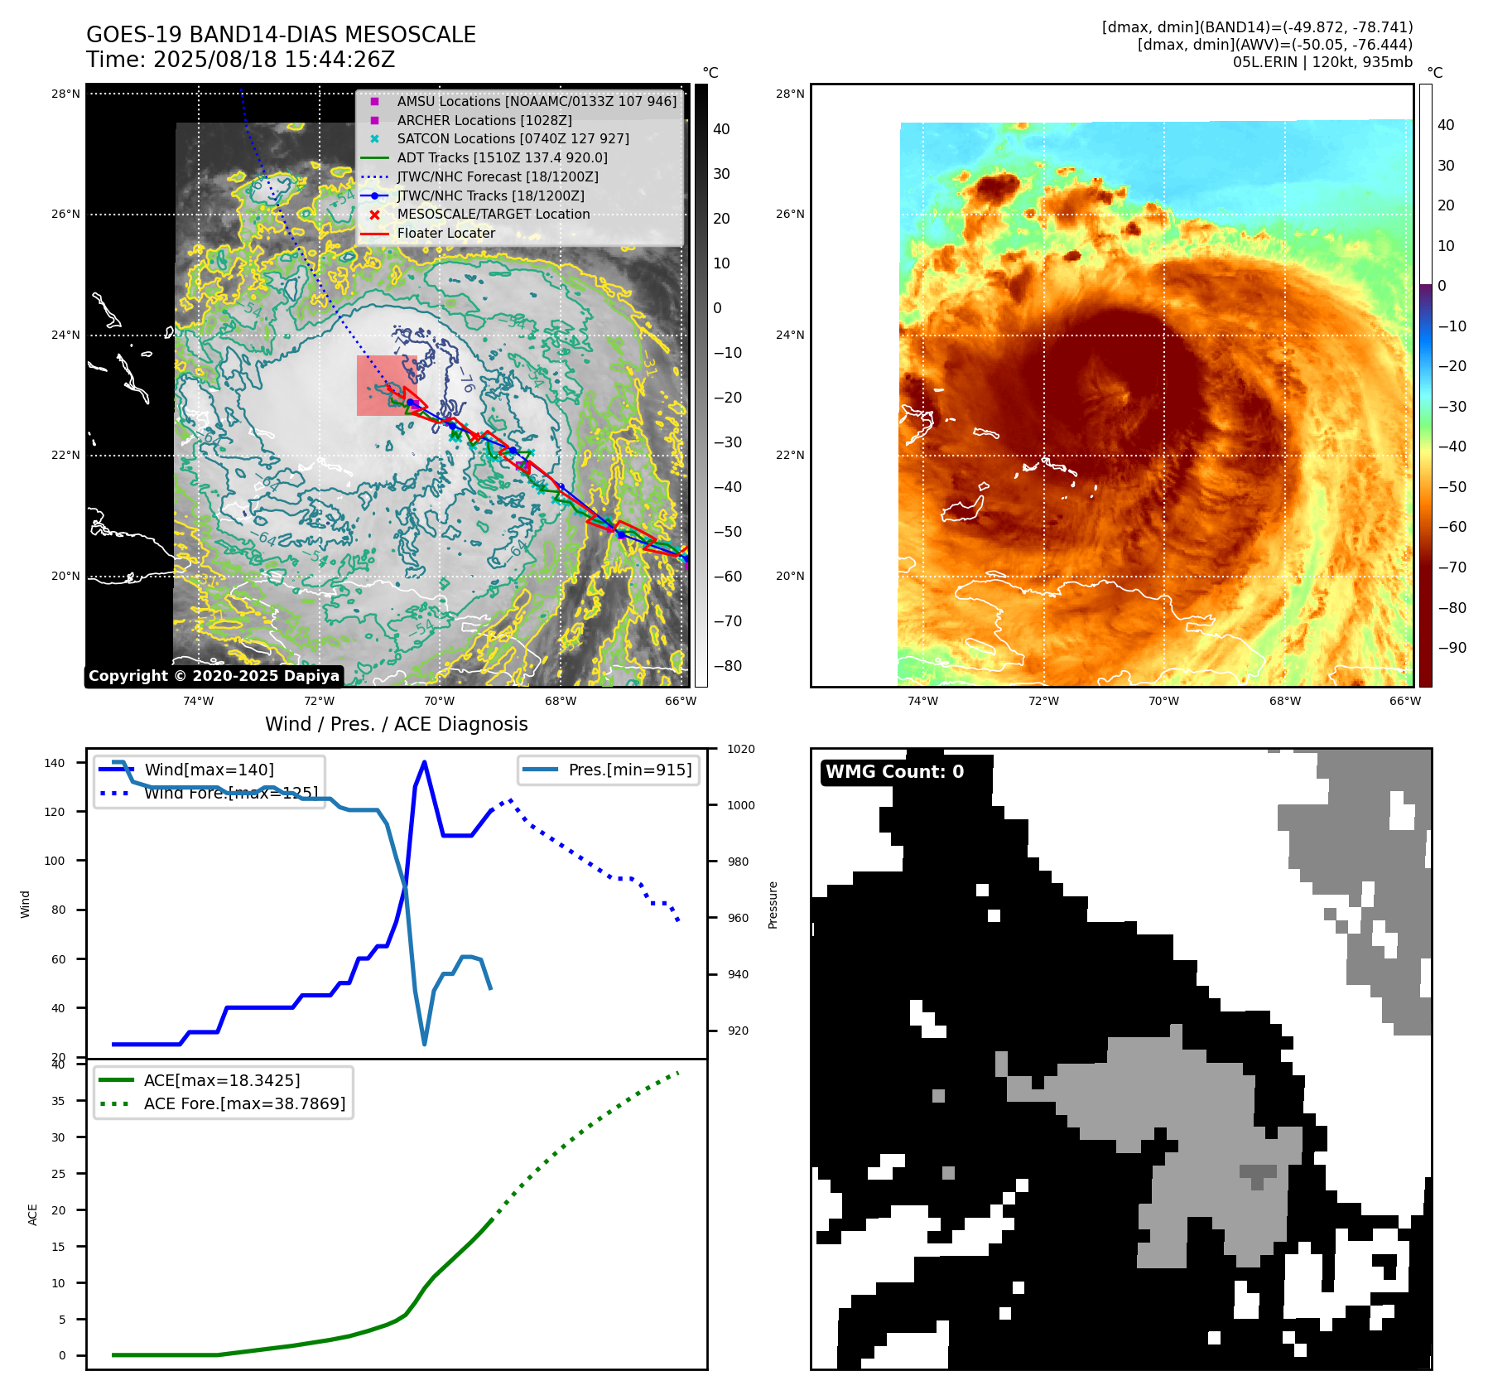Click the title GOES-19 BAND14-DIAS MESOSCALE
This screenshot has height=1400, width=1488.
281,35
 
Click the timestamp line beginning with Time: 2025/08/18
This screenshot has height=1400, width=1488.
240,60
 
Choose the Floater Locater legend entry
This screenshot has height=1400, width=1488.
445,233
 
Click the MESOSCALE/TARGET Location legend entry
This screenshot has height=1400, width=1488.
493,214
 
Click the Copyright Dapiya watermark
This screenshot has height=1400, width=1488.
214,676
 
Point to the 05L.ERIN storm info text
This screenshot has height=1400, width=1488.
1322,62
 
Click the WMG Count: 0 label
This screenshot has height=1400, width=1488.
894,772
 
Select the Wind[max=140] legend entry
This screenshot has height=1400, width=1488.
209,770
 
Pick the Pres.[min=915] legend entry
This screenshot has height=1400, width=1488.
629,770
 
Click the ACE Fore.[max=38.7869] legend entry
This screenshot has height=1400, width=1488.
244,1103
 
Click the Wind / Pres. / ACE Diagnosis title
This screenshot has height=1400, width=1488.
396,724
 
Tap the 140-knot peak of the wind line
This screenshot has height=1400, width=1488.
424,762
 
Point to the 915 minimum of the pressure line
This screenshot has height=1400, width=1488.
425,1044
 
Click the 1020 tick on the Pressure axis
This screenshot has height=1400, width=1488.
740,749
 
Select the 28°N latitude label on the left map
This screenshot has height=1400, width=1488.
65,94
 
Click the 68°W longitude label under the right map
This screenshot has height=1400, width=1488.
1284,701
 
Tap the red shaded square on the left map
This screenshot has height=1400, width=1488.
387,385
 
